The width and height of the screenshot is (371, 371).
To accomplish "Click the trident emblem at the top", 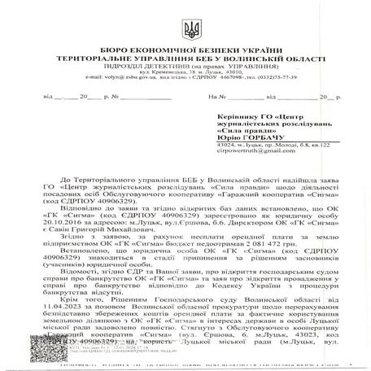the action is click(191, 29).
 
